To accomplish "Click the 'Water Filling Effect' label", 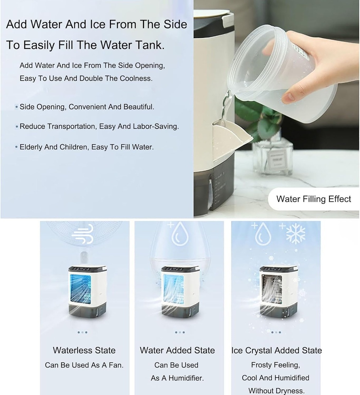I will pyautogui.click(x=313, y=199).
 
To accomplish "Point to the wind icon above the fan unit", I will pyautogui.click(x=83, y=235).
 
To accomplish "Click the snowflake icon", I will pyautogui.click(x=295, y=233).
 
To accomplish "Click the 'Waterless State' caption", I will pyautogui.click(x=84, y=350).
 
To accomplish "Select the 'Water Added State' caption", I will pyautogui.click(x=177, y=350).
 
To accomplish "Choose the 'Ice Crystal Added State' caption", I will pyautogui.click(x=276, y=350).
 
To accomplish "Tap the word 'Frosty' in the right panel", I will pyautogui.click(x=264, y=365).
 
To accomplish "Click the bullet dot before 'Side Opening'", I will pyautogui.click(x=16, y=107).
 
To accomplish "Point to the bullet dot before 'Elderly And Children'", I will pyautogui.click(x=16, y=147).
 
